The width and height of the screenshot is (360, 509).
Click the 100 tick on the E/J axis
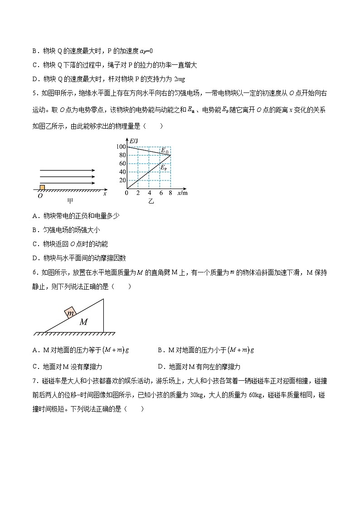click(x=121, y=146)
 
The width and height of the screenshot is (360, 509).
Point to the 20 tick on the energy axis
click(x=122, y=180)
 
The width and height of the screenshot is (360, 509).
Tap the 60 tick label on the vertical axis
click(x=122, y=163)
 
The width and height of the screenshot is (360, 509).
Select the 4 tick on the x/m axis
click(x=149, y=193)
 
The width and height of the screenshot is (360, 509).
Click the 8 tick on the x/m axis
click(x=170, y=193)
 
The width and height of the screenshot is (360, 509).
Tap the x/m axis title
click(x=182, y=193)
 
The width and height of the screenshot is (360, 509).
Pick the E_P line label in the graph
click(x=164, y=167)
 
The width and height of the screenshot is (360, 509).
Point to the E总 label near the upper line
click(x=165, y=150)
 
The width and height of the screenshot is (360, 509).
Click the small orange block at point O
click(x=42, y=187)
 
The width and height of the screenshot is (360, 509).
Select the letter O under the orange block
click(x=40, y=195)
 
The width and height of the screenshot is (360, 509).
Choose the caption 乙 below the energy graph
click(x=151, y=201)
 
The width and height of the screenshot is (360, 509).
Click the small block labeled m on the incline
click(x=71, y=313)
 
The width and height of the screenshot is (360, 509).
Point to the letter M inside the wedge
click(x=84, y=322)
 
